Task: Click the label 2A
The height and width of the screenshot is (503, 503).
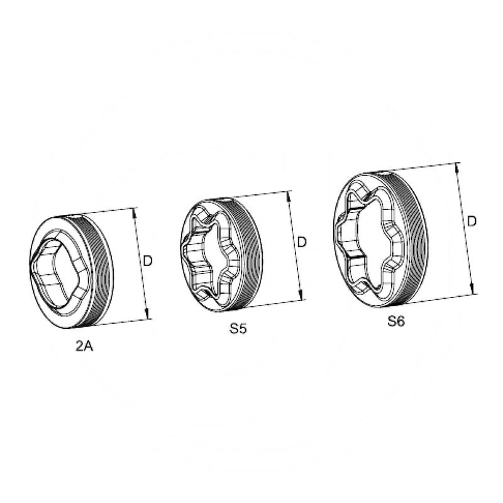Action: tap(84, 346)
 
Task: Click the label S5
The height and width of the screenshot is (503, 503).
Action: tap(238, 328)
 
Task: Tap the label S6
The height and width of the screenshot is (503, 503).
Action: tap(396, 321)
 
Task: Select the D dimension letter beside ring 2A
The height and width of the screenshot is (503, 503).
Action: tap(148, 261)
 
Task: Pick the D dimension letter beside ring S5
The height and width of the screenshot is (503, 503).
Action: tap(302, 242)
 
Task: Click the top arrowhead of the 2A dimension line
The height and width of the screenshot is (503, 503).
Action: tap(135, 213)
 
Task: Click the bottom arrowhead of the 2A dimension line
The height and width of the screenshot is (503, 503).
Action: tap(148, 314)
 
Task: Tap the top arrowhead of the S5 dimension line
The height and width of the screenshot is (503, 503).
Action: tap(289, 196)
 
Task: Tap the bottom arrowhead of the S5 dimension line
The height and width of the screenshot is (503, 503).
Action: tap(301, 295)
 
